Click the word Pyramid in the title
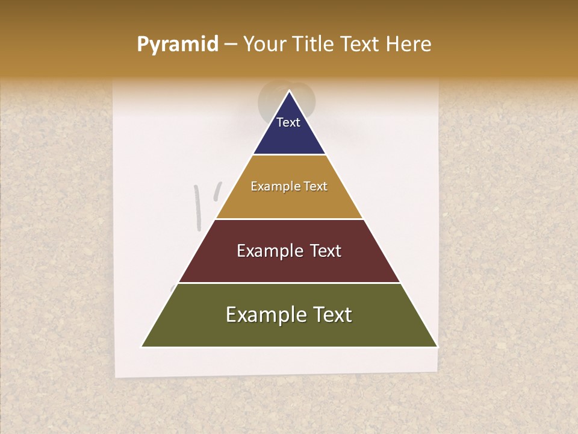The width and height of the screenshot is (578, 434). [x=177, y=45]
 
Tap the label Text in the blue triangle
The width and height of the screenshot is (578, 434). [x=288, y=122]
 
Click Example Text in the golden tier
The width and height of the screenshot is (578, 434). [x=289, y=186]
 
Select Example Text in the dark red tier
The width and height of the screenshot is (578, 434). [x=289, y=251]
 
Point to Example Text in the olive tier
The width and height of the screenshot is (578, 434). [x=289, y=315]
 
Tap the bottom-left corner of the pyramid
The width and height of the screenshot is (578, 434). [x=142, y=346]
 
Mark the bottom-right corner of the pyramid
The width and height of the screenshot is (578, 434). [x=437, y=346]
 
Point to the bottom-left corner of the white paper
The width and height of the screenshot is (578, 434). [x=116, y=376]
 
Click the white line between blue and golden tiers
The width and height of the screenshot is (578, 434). [x=289, y=155]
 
